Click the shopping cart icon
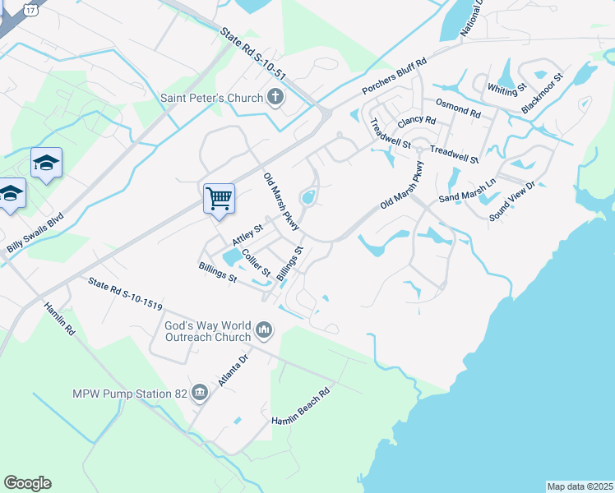click(x=219, y=197)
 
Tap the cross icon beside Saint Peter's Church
click(x=275, y=99)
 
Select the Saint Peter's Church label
click(x=210, y=99)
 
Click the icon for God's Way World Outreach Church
click(x=264, y=330)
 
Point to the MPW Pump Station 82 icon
click(x=199, y=394)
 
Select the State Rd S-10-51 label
click(x=253, y=55)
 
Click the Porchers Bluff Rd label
click(x=395, y=80)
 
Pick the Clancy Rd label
click(x=415, y=121)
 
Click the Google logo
click(x=28, y=483)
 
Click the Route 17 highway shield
click(x=30, y=9)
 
